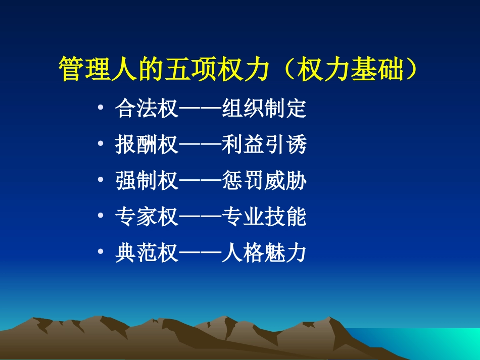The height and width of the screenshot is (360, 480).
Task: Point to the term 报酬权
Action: pos(147,145)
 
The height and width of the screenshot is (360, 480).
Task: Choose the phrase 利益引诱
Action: pos(264,145)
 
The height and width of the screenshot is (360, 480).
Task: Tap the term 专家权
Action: pos(147,217)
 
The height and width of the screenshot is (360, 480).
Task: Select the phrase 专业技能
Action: pos(264,217)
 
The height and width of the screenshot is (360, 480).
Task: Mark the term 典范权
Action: pos(147,253)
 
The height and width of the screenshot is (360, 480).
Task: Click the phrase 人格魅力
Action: pos(264,253)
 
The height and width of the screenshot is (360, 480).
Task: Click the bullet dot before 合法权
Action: pos(102,109)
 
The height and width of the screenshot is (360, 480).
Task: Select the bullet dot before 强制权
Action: pos(102,181)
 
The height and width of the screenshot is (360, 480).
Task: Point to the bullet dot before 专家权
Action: pos(102,217)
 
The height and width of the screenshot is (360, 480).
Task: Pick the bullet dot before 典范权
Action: pos(102,252)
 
